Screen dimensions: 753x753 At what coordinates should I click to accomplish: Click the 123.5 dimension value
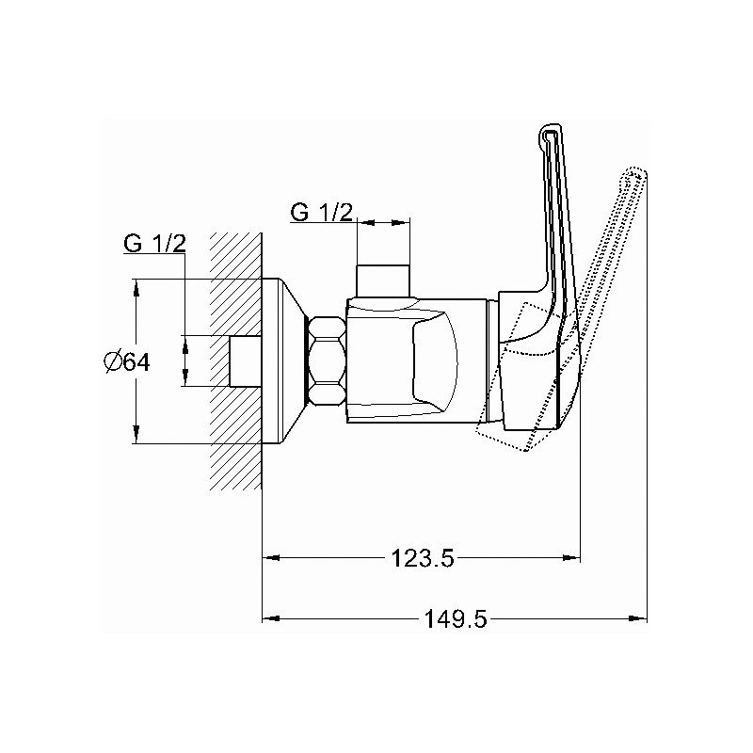click(x=423, y=558)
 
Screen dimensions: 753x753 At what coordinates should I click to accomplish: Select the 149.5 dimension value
click(x=456, y=619)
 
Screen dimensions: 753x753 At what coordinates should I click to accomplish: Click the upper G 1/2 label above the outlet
click(x=321, y=212)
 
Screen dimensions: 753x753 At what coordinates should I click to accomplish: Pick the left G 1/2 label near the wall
click(x=154, y=244)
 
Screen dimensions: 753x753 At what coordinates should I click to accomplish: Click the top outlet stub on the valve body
click(x=383, y=280)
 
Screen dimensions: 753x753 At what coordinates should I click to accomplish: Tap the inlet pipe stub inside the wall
click(x=246, y=361)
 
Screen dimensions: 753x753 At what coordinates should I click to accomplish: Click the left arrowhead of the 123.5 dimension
click(x=271, y=557)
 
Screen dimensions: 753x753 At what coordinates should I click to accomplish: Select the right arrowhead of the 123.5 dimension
click(x=571, y=557)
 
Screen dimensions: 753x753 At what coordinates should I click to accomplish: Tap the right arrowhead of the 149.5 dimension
click(x=638, y=618)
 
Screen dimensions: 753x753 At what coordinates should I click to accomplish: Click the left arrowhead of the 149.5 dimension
click(x=271, y=618)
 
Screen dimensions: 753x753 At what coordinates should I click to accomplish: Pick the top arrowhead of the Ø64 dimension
click(x=136, y=288)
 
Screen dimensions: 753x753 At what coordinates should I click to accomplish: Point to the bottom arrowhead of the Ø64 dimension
click(x=136, y=435)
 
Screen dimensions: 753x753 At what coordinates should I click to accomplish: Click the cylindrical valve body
click(x=417, y=361)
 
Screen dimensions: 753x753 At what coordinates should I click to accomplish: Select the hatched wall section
click(x=236, y=361)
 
